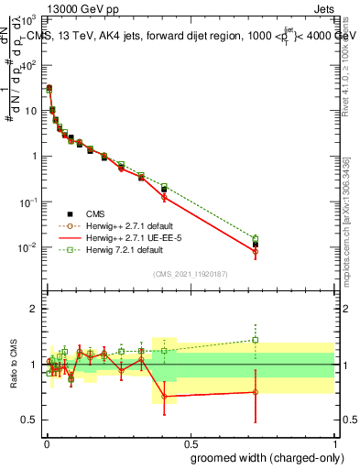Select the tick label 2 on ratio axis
(x=33, y=309)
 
